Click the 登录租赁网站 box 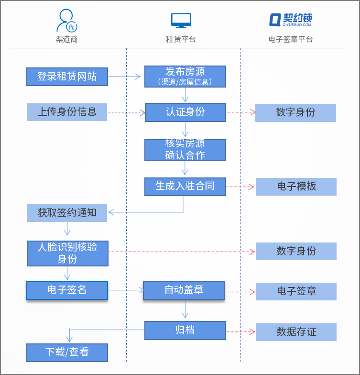click(67, 77)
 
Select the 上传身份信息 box click(67, 112)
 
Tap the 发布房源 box click(185, 77)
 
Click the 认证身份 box click(185, 112)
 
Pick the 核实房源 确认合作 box click(185, 150)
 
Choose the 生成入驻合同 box click(185, 187)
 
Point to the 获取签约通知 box click(67, 213)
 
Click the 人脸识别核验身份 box click(67, 253)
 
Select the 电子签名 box click(67, 290)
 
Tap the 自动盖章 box click(184, 290)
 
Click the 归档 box click(185, 330)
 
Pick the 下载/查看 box click(67, 353)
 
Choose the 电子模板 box click(296, 187)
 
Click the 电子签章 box click(296, 291)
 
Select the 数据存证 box click(296, 332)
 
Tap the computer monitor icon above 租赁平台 click(181, 20)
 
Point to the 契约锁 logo click(291, 20)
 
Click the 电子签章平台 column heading click(291, 40)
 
